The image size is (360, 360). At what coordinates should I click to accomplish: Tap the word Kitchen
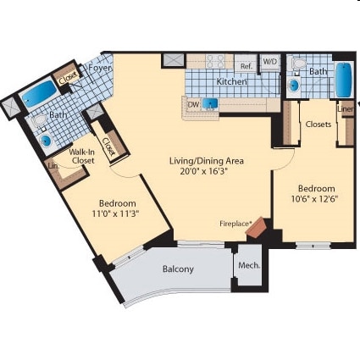[230, 82]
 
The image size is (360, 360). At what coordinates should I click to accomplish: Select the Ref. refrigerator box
[246, 65]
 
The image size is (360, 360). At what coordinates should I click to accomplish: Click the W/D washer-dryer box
[270, 62]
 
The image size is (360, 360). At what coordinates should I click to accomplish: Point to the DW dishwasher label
[193, 104]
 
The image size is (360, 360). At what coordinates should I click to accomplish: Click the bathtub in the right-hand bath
[344, 80]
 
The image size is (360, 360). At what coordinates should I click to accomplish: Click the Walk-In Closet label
[81, 155]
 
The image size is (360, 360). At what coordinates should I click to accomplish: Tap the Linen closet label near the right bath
[346, 108]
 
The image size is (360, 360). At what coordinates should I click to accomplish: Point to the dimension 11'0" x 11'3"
[119, 213]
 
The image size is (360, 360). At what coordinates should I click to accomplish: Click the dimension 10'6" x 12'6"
[316, 199]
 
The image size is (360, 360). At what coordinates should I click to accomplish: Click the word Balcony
[178, 269]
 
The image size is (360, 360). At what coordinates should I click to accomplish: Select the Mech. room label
[249, 265]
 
